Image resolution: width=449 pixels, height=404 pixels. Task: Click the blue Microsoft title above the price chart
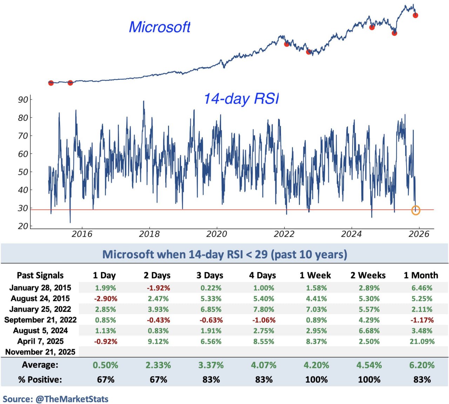(160, 27)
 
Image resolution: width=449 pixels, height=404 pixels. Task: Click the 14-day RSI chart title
(242, 99)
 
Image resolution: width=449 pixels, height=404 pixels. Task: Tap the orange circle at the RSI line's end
(416, 210)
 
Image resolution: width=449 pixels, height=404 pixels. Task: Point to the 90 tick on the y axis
(23, 100)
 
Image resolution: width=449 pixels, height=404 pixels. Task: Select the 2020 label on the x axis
(216, 234)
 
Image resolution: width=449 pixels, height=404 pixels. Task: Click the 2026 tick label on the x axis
(419, 234)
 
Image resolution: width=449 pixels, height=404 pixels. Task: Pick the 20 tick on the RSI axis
(23, 226)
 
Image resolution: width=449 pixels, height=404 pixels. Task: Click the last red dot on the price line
(415, 15)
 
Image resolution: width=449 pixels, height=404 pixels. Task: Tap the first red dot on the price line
(51, 83)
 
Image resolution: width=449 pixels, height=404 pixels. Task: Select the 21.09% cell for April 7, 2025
(422, 341)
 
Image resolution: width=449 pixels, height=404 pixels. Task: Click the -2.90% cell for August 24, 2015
(106, 299)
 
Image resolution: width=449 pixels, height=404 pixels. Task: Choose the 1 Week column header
(315, 276)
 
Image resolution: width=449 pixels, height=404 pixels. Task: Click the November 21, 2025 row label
(40, 352)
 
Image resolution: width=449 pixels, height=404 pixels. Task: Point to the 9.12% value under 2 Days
(158, 341)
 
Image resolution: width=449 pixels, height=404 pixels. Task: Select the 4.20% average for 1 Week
(316, 365)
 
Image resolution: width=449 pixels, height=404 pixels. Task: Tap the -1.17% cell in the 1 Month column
(422, 320)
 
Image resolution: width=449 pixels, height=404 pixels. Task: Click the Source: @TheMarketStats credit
(55, 399)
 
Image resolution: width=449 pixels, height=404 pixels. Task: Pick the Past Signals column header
(40, 276)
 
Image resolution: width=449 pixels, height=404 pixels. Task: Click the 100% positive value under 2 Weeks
(369, 379)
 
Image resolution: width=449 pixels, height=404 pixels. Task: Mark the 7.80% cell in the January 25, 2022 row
(264, 309)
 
